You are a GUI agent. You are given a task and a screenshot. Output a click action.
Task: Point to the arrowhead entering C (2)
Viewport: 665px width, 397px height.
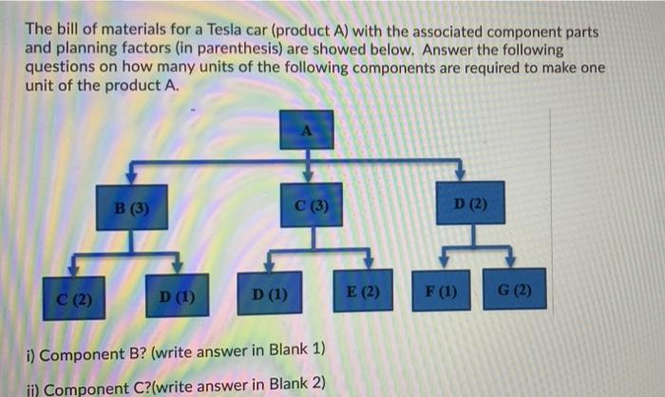pyautogui.click(x=75, y=272)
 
